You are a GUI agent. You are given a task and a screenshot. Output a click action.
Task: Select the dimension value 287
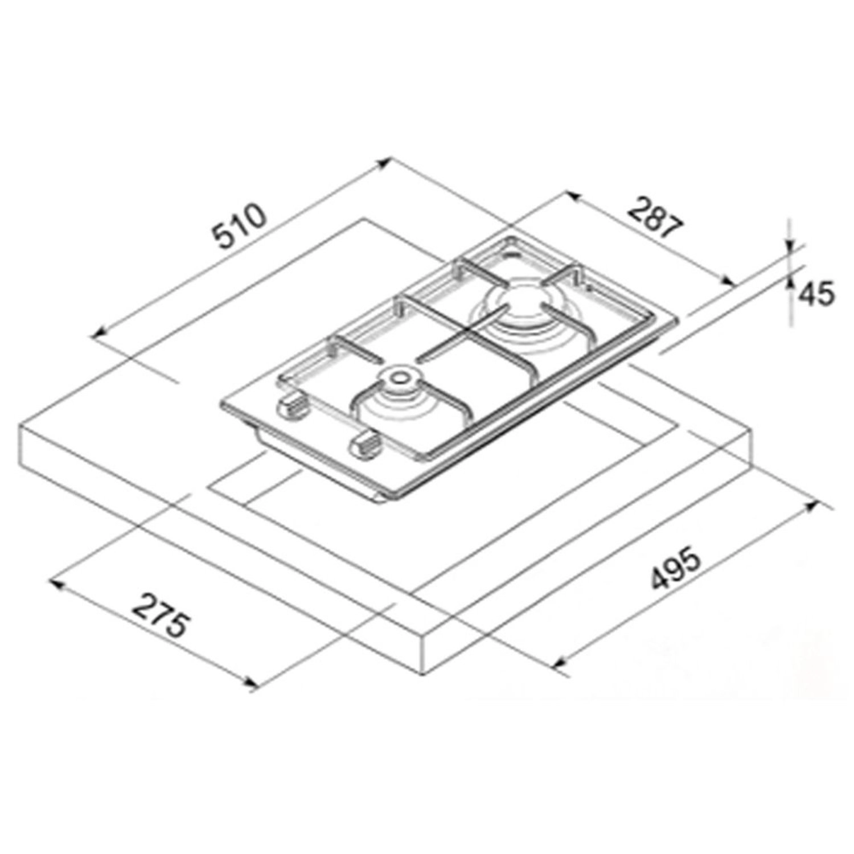click(655, 216)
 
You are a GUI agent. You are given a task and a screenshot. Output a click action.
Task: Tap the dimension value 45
click(815, 294)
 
